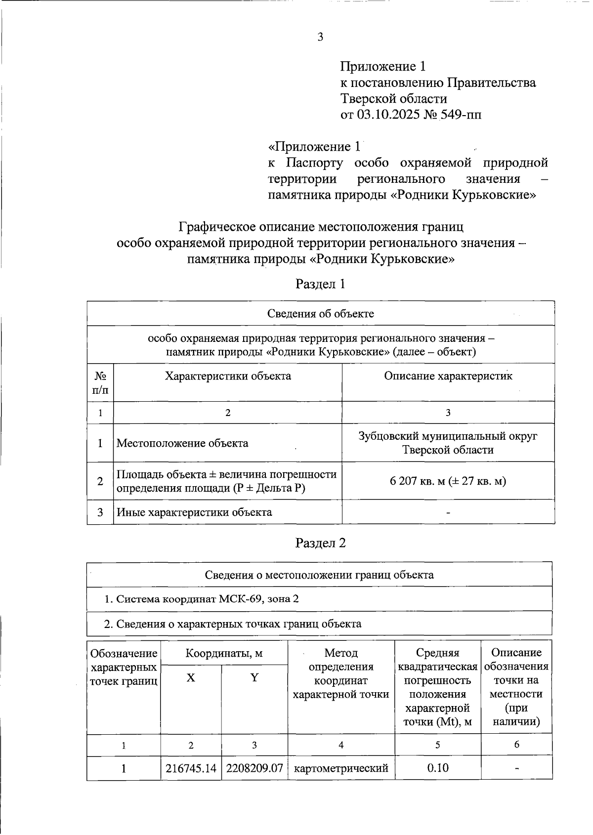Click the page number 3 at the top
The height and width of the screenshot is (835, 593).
coord(320,37)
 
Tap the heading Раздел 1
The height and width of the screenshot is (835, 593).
coord(320,284)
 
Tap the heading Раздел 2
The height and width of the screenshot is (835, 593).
coord(320,543)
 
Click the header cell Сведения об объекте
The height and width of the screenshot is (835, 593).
coord(320,314)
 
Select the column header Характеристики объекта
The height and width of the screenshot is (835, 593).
coord(228,376)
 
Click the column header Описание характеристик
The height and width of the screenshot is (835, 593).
coord(448,376)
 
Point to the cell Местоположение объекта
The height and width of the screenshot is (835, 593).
coord(182,443)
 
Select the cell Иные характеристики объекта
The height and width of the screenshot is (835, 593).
coord(194,512)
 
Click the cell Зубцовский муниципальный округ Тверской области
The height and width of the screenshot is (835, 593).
coord(448,443)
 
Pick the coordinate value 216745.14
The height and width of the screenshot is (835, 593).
coord(191,768)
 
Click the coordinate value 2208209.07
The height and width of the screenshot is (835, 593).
coord(254,768)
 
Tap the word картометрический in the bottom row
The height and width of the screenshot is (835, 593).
coord(341,768)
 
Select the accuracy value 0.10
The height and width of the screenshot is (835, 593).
coord(437,768)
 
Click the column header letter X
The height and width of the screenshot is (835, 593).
coord(191,678)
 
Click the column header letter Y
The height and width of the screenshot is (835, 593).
coord(254,678)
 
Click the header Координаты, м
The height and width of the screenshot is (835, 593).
coord(224,654)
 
